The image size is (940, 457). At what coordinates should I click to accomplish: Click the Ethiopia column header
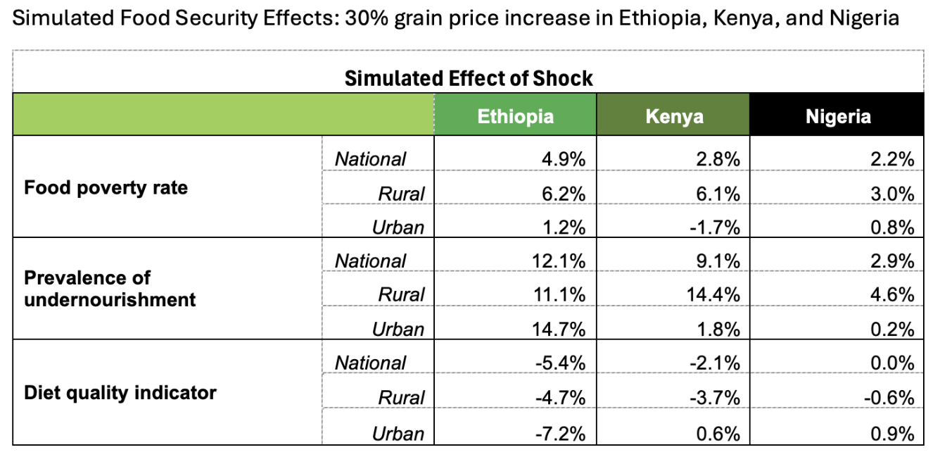515,116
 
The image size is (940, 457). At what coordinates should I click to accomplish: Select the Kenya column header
673,116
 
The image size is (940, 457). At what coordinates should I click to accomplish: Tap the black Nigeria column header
837,116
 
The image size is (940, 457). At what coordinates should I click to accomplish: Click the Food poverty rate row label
106,188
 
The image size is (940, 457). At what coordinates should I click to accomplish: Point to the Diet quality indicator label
120,392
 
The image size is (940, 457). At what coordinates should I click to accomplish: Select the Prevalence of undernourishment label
110,288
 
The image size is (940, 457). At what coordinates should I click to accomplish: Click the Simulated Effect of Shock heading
469,78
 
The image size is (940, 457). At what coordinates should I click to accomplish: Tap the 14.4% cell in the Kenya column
714,294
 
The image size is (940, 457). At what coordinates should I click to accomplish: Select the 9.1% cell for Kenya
718,261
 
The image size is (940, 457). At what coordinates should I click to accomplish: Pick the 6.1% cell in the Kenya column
718,194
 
